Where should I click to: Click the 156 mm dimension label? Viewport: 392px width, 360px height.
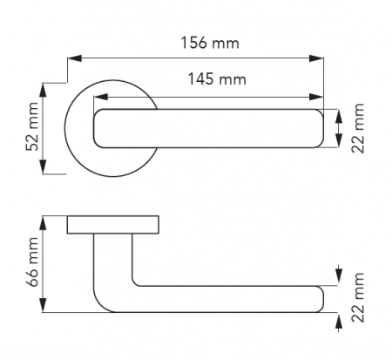tap(210, 43)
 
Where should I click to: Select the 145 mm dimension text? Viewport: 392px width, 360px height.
tap(217, 79)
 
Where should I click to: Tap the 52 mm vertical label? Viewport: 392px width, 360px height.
tap(32, 126)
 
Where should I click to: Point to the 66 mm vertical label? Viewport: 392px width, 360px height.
tap(32, 262)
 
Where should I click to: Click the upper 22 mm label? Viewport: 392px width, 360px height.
tap(358, 128)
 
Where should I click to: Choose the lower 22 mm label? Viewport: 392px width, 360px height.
tap(358, 297)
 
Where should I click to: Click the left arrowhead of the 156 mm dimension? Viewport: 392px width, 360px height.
tap(74, 58)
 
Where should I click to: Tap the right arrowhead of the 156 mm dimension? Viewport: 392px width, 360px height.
tap(316, 58)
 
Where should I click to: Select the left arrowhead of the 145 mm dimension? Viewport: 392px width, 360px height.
tap(101, 97)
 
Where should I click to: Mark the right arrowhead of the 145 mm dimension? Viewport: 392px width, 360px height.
tap(316, 97)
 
